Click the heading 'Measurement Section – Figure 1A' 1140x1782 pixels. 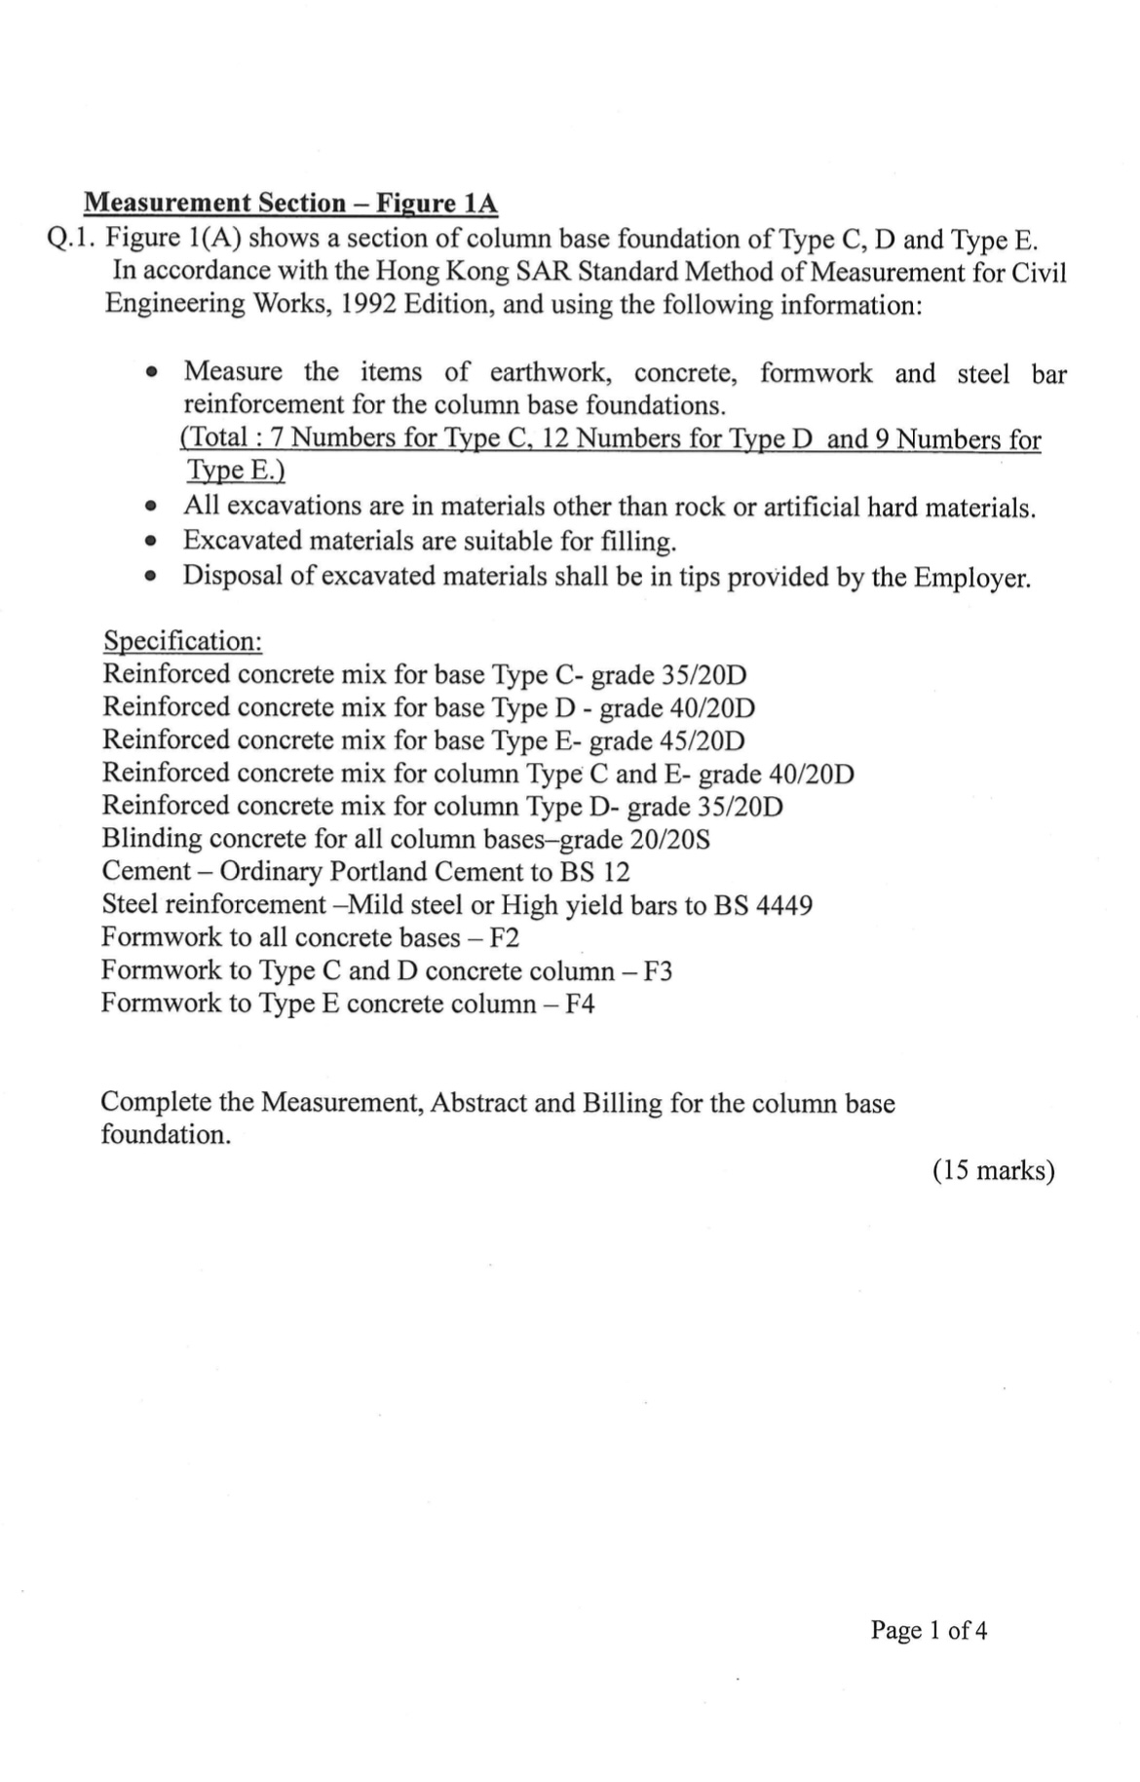point(290,203)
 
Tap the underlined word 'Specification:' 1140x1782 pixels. point(182,641)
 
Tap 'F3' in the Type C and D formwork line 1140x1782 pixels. point(657,971)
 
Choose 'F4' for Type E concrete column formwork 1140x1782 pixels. point(579,1004)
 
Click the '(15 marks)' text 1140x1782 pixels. point(993,1170)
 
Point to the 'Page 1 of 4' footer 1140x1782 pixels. point(929,1630)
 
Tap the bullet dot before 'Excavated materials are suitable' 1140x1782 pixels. point(149,542)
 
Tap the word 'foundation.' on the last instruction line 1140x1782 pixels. point(166,1135)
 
